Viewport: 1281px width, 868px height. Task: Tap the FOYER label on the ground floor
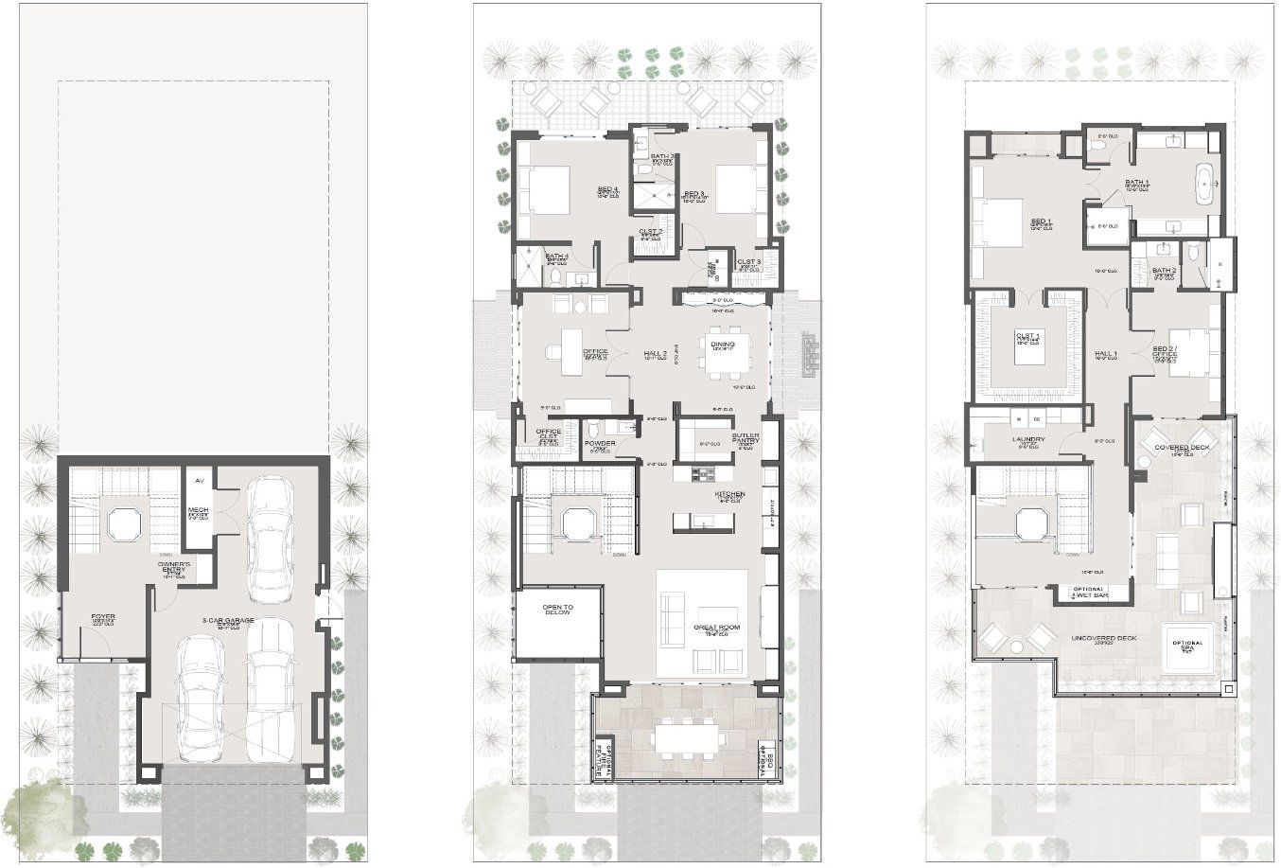click(x=103, y=617)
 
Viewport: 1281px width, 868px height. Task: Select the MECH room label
click(x=199, y=512)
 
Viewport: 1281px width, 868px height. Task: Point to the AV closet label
click(x=199, y=481)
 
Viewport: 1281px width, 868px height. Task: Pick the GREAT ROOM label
click(x=715, y=628)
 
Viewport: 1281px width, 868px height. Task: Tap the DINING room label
click(x=723, y=345)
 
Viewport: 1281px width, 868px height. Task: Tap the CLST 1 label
click(x=1028, y=336)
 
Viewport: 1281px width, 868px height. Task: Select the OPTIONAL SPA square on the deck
click(x=1188, y=647)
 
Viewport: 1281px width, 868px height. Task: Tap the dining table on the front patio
click(x=688, y=735)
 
